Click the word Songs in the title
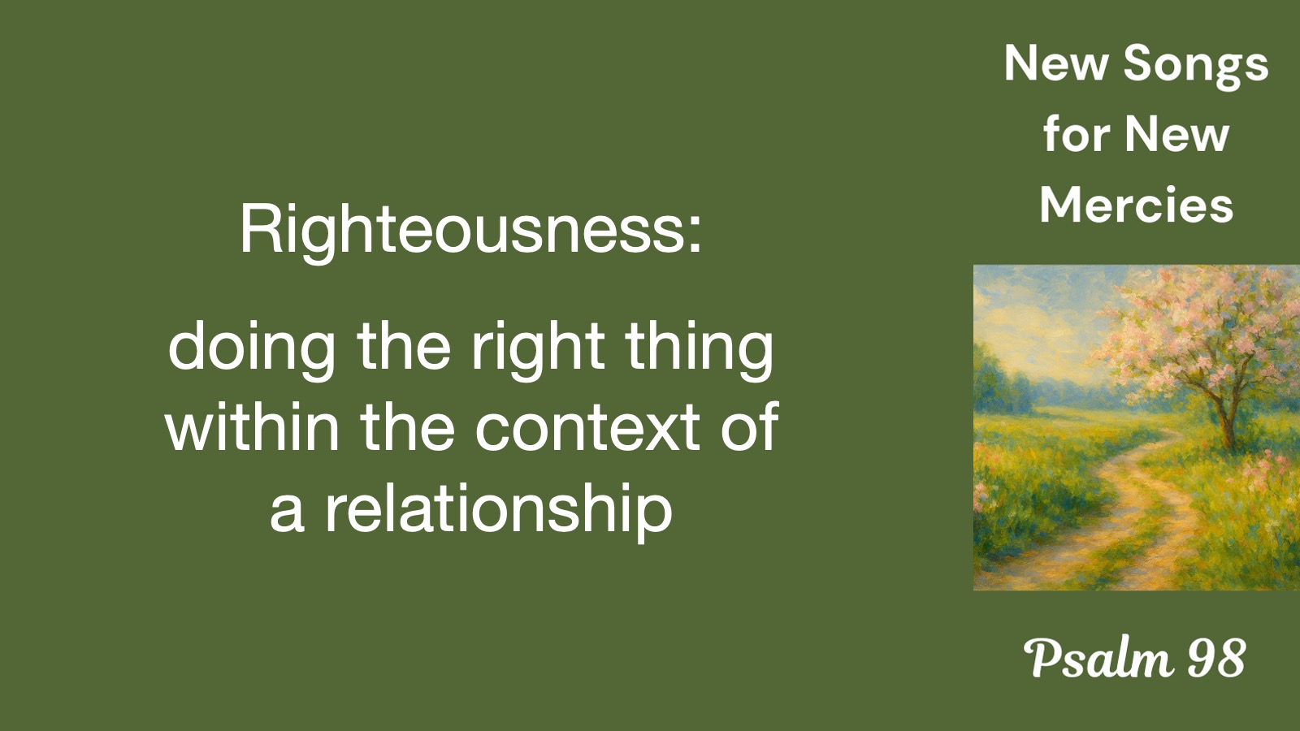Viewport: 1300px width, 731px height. [x=1196, y=66]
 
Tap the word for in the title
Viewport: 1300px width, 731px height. [x=1073, y=134]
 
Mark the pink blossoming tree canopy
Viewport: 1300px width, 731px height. [x=1207, y=331]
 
